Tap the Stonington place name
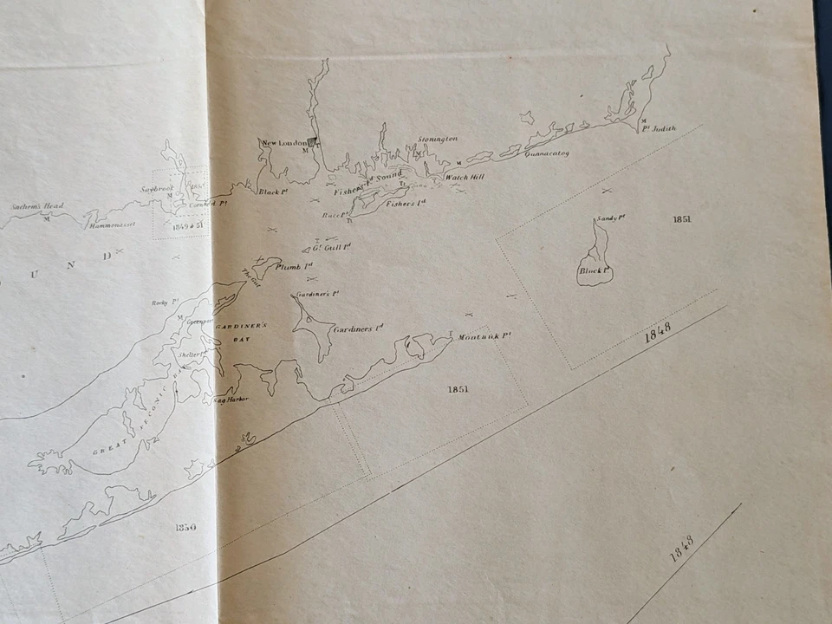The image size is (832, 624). point(437,139)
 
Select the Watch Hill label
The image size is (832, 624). point(464,177)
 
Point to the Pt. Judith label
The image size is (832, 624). point(658,128)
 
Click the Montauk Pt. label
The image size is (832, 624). point(484,336)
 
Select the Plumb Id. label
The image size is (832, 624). point(294,266)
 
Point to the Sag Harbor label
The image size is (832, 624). point(231,400)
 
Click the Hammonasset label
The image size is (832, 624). point(111,224)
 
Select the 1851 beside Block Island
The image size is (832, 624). point(681,219)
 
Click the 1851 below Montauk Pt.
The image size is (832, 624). point(458,389)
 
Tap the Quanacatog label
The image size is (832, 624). point(545,153)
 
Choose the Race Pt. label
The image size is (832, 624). point(334,214)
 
